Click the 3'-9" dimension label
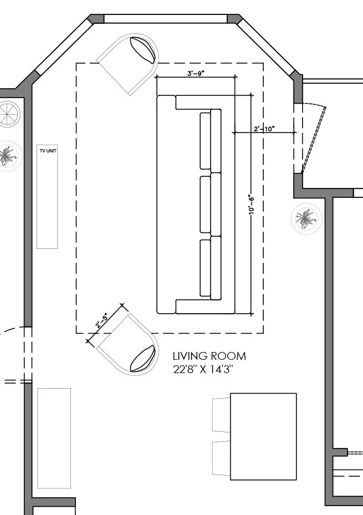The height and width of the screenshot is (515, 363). click(x=196, y=73)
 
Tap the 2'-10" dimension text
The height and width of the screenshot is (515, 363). click(x=264, y=129)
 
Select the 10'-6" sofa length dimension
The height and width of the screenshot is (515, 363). click(x=250, y=205)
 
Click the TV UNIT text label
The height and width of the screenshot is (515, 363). click(x=48, y=150)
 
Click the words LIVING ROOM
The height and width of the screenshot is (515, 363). click(x=209, y=356)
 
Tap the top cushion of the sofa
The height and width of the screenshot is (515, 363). click(x=210, y=141)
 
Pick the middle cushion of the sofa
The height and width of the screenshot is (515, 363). click(x=210, y=204)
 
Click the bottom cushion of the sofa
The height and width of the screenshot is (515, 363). click(x=210, y=268)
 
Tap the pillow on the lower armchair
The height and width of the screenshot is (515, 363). click(x=142, y=358)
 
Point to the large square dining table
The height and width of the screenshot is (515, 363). click(x=263, y=436)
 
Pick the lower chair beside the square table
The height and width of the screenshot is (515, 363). click(x=221, y=458)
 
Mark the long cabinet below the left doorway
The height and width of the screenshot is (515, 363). click(x=54, y=438)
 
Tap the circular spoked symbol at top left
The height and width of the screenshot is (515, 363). click(x=8, y=114)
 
